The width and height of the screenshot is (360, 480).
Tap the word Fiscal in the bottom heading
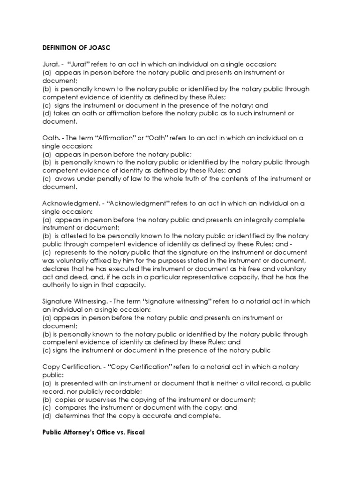click(x=134, y=433)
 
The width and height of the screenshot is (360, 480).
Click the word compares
click(x=71, y=407)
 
